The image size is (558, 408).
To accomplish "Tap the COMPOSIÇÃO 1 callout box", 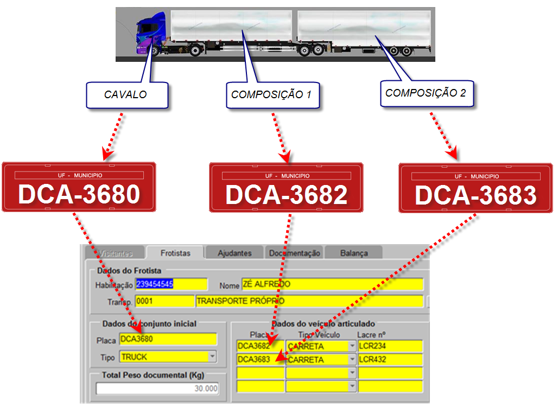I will click(271, 95).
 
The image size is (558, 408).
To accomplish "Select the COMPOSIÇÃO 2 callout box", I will click(426, 93).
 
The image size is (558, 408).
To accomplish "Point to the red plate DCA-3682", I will click(286, 187).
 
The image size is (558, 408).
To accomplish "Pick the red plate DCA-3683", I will click(475, 188).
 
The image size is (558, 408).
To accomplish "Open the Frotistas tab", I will click(175, 253).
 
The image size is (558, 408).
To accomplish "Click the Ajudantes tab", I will click(234, 253).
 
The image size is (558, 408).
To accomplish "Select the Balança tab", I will click(354, 253).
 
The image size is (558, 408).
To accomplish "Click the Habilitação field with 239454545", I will click(171, 284).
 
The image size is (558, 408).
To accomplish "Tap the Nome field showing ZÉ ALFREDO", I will click(332, 284).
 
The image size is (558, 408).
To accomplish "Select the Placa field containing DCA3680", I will click(168, 340).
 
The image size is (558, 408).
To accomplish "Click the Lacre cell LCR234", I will click(390, 346).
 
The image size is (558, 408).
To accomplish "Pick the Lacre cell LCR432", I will click(390, 360).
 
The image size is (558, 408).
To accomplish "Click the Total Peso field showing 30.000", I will click(158, 388).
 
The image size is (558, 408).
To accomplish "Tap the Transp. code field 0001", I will click(164, 301).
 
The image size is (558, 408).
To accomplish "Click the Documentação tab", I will click(295, 253).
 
